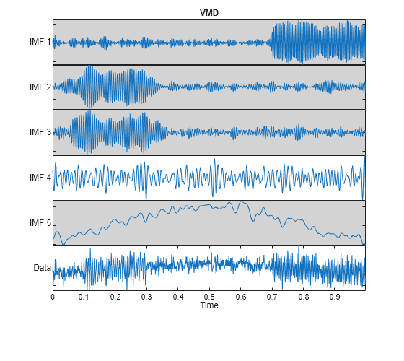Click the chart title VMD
pyautogui.click(x=209, y=13)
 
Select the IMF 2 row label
pyautogui.click(x=40, y=87)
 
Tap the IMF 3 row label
pyautogui.click(x=40, y=132)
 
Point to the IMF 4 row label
pyautogui.click(x=40, y=178)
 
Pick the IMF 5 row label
pyautogui.click(x=40, y=223)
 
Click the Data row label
pyautogui.click(x=43, y=268)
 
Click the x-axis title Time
pyautogui.click(x=209, y=305)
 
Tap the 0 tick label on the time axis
pyautogui.click(x=53, y=296)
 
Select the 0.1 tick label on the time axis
pyautogui.click(x=84, y=296)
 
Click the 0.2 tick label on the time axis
pyautogui.click(x=115, y=296)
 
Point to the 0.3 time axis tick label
pyautogui.click(x=146, y=296)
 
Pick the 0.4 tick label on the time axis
pyautogui.click(x=178, y=296)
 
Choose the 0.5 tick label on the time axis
pyautogui.click(x=209, y=296)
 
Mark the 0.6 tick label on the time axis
pyautogui.click(x=241, y=296)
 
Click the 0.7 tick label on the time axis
pyautogui.click(x=272, y=296)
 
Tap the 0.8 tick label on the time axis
pyautogui.click(x=304, y=296)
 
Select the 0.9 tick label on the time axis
pyautogui.click(x=335, y=296)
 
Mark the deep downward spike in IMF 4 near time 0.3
pyautogui.click(x=146, y=198)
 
